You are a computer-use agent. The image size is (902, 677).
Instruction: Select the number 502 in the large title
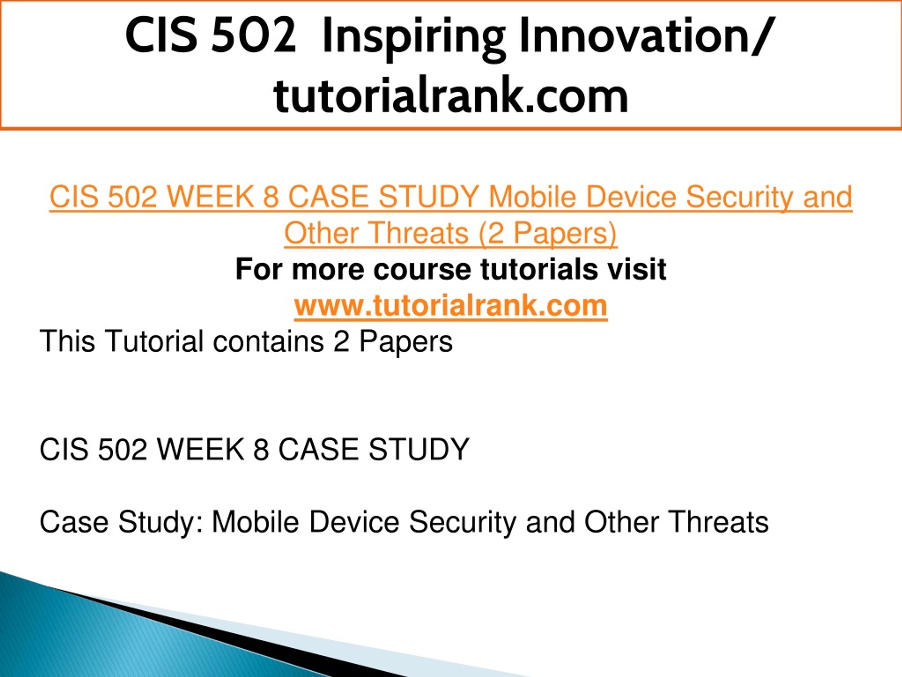[x=253, y=36]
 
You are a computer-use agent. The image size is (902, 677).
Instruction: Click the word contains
[x=268, y=341]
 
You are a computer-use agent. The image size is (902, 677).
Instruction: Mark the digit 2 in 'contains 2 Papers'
[x=341, y=341]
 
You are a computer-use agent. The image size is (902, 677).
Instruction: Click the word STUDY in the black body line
[x=419, y=449]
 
